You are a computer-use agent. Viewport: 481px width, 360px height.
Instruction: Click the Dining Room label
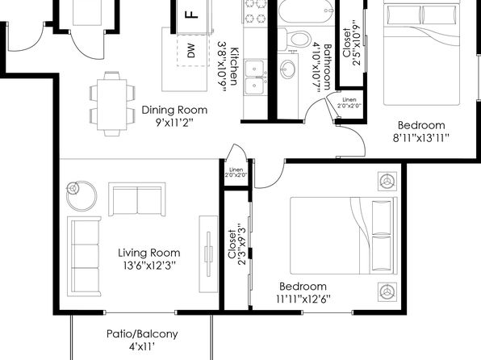point(174,110)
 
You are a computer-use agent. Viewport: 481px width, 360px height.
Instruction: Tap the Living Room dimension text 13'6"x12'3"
point(149,266)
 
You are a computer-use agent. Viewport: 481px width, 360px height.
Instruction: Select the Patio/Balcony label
point(142,334)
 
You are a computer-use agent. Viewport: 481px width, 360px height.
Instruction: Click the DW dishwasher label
point(191,51)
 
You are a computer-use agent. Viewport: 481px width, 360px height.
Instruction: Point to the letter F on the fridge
point(192,15)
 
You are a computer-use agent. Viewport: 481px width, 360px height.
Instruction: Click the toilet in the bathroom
point(297,39)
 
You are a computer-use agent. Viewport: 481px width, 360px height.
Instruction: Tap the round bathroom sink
point(287,69)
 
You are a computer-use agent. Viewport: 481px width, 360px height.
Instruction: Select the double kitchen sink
point(255,77)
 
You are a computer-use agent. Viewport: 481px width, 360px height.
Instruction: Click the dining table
point(112,104)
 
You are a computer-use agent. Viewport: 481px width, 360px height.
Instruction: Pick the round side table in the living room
point(82,196)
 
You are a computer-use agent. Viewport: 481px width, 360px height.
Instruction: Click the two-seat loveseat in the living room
point(137,199)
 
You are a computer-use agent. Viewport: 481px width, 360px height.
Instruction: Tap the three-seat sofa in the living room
point(85,256)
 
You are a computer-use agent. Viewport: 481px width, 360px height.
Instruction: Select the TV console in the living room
point(208,254)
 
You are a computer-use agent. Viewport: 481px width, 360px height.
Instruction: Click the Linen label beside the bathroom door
point(349,100)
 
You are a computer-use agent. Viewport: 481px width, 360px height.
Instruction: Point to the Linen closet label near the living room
point(236,170)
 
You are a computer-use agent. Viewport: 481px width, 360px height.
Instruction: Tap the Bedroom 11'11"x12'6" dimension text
point(303,299)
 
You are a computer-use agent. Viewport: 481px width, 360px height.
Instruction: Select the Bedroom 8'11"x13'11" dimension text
point(421,138)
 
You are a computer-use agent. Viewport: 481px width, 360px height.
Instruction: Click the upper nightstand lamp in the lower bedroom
point(387,182)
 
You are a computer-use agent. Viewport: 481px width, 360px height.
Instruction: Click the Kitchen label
point(234,66)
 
